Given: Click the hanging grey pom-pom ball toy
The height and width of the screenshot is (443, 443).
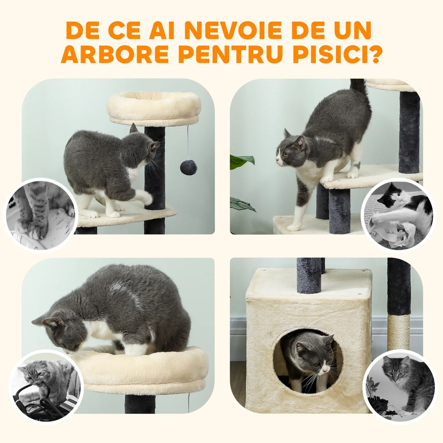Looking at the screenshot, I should [x=188, y=167].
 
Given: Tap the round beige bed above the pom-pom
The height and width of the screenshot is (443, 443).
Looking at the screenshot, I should [x=154, y=108].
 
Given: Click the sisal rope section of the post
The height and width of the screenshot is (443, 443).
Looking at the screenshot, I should [x=398, y=332].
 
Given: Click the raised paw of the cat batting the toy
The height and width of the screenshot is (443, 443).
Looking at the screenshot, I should [x=146, y=198].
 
